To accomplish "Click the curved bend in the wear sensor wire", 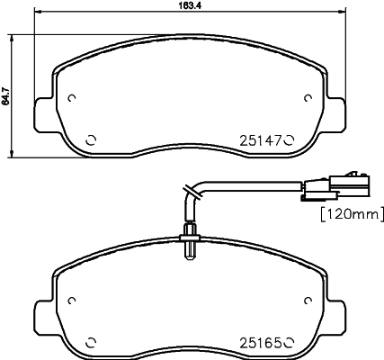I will [x=190, y=192].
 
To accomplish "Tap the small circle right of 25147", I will [x=290, y=139].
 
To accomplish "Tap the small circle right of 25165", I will [x=290, y=341].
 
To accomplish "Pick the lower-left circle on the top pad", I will [x=90, y=139].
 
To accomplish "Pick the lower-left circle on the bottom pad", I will [x=90, y=341].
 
